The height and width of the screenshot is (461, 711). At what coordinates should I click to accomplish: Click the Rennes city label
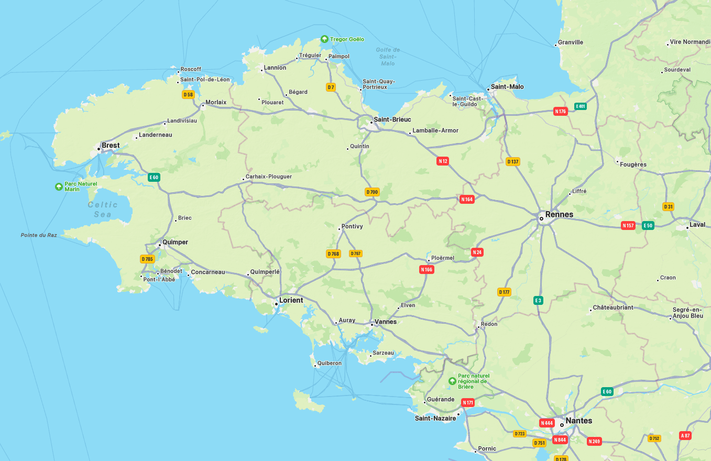coord(559,214)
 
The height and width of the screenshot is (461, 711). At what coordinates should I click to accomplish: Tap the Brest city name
coord(111,145)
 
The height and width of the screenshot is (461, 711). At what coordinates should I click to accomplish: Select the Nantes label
coord(579,421)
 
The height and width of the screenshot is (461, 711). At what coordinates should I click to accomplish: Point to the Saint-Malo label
coord(507,86)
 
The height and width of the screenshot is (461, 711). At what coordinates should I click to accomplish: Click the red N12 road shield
coord(443,161)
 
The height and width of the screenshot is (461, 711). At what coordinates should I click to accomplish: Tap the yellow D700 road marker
coord(372,192)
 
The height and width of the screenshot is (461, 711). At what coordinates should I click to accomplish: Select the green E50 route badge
coord(648,226)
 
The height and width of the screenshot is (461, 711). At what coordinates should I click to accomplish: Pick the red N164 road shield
coord(467,199)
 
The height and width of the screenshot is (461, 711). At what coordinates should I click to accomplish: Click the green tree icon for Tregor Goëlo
coord(324,39)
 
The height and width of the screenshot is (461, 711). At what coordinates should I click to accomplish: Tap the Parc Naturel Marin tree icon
coord(59,186)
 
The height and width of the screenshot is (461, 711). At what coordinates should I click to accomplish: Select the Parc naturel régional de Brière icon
coord(452,381)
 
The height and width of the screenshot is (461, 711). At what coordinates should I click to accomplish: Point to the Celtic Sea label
coord(103,210)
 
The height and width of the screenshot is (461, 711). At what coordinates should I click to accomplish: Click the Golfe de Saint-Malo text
coord(388,57)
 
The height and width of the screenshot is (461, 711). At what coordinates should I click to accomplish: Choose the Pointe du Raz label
coord(39,235)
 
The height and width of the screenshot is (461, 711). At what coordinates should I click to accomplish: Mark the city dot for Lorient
coord(276,303)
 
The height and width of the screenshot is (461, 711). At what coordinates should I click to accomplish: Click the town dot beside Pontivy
coord(339,229)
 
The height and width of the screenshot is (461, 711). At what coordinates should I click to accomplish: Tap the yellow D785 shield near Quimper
coord(147,259)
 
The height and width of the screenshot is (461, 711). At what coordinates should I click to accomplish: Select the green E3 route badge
coord(538,300)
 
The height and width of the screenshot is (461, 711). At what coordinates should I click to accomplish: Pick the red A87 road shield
coord(685,435)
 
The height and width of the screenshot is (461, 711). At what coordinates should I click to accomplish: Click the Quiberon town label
coord(329,363)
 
